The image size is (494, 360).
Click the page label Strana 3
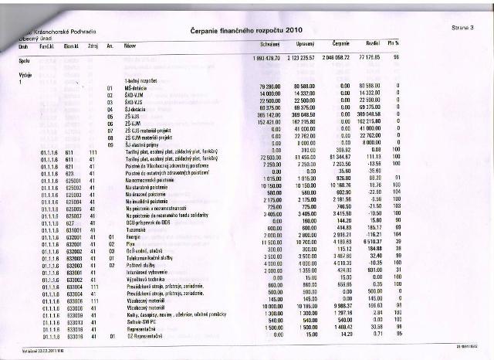point(462,28)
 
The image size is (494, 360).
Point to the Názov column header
point(130,46)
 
